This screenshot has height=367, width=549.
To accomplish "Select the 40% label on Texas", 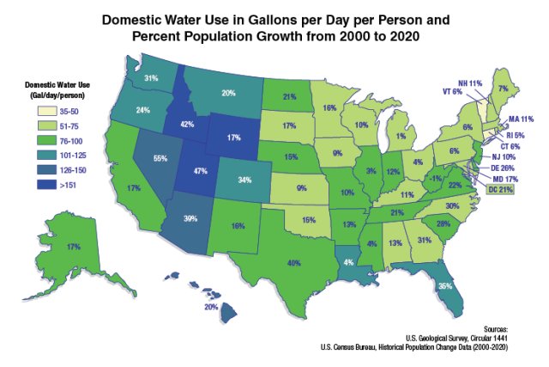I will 295,262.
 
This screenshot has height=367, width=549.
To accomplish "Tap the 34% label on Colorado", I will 245,180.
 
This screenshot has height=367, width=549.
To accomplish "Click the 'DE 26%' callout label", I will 503,168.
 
